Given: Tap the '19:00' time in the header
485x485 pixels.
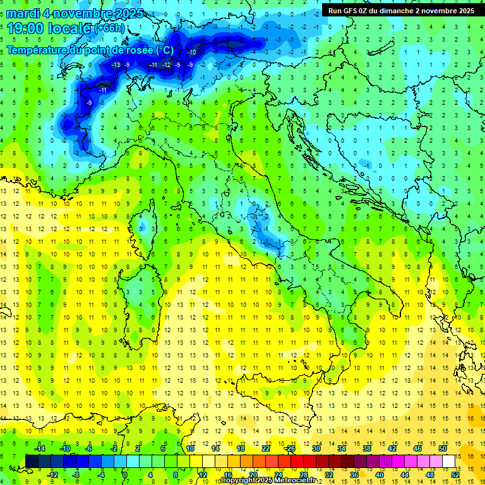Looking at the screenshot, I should coord(25,28).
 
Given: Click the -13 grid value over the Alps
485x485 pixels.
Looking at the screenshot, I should coord(116,65).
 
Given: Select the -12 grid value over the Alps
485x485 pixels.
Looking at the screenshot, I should coord(166,65).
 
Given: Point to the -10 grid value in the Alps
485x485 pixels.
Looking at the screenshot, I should coord(192,52).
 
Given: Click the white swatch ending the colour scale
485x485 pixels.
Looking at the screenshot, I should coord(449,461).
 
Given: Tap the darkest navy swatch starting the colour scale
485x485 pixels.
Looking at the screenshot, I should coord(32,461).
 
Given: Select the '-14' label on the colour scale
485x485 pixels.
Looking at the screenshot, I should coord(40,448).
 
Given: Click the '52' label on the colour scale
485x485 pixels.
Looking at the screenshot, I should coord(455,475).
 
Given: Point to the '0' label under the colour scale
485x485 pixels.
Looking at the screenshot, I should coord(125,475).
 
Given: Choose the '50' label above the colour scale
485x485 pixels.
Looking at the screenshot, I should coord(442,448).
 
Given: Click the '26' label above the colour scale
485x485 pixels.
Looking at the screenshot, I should coord(290,448).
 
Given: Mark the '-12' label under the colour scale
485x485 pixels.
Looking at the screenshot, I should coord(52,475).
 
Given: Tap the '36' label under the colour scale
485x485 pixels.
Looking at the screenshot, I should coord(354,475).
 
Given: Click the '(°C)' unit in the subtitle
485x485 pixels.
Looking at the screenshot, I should coord(164,50).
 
